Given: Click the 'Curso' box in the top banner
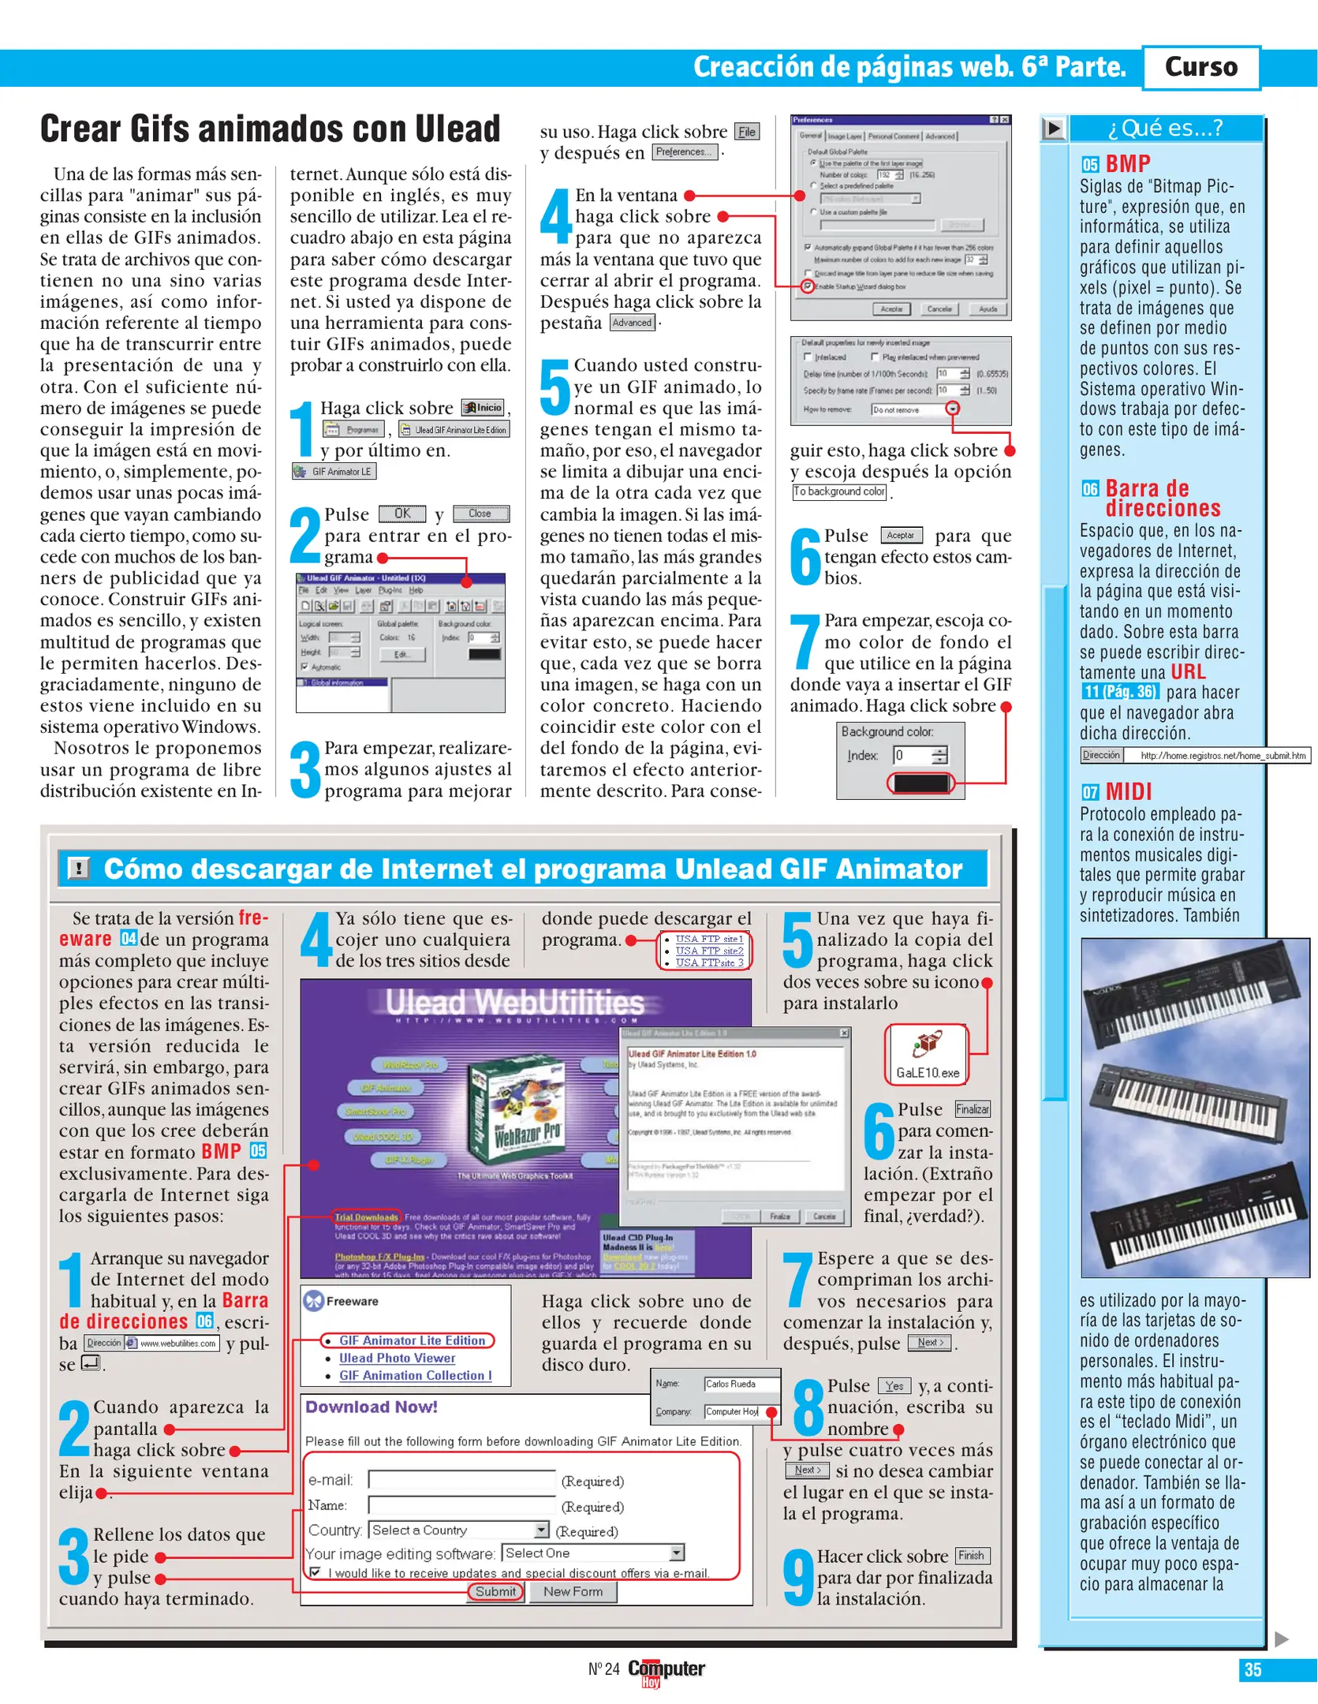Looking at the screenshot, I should [1200, 67].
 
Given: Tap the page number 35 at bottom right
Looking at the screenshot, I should [1252, 1669].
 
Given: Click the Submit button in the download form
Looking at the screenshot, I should [495, 1592].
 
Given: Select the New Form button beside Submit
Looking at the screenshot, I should [573, 1592].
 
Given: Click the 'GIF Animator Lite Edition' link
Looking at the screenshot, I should [412, 1340].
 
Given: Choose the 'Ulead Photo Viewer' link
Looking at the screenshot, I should [397, 1358].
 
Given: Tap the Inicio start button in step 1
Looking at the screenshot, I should [483, 408].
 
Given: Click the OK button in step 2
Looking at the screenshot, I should [402, 514].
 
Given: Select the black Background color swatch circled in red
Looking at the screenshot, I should [920, 783].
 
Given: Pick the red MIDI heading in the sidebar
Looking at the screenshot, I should [1128, 791].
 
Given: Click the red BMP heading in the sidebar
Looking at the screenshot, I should [1127, 164].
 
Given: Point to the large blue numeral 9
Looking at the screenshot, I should [798, 1578].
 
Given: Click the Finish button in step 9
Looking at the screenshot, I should [972, 1556].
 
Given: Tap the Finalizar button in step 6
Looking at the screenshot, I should [972, 1109].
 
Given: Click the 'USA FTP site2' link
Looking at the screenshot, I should [708, 951].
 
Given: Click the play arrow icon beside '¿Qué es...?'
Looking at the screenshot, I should [1053, 129].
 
